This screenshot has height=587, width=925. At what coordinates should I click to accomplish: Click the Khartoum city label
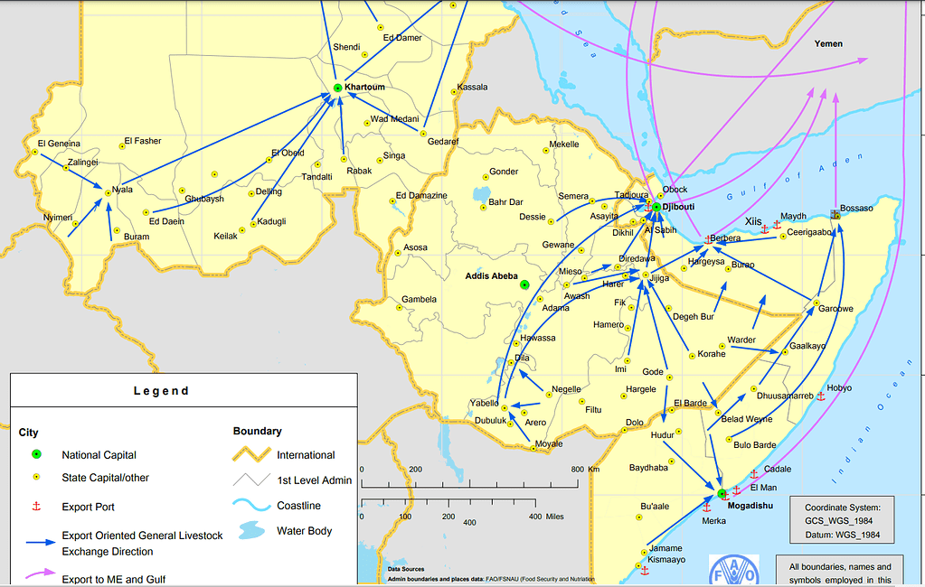[365, 87]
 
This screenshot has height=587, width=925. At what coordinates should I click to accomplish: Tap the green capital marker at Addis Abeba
[524, 284]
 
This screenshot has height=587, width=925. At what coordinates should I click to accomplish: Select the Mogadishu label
[750, 506]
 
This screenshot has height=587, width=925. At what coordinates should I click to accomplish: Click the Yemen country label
[827, 43]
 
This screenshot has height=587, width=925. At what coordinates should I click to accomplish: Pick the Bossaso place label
[856, 208]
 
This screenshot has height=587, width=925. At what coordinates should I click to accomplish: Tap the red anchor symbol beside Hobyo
[820, 396]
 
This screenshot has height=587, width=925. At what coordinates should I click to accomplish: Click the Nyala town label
[122, 191]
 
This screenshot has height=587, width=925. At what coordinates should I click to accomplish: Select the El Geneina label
[59, 144]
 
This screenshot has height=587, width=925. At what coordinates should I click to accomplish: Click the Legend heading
[162, 391]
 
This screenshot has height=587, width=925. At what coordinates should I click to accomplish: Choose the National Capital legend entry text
[99, 455]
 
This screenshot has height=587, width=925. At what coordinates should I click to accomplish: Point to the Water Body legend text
[304, 531]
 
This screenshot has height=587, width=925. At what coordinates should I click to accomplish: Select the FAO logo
[733, 570]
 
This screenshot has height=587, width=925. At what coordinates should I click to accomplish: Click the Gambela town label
[419, 299]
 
